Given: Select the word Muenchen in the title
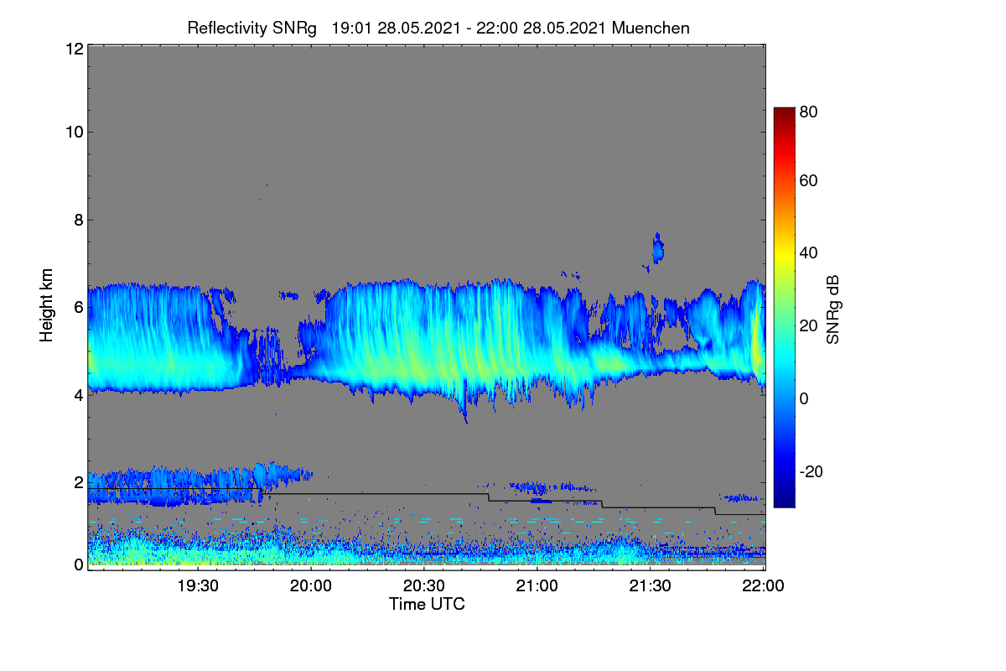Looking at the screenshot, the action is [651, 29].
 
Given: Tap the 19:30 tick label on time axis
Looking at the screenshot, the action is [198, 586].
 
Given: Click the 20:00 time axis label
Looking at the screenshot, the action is [311, 586].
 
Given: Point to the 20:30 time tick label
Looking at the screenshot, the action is [423, 586].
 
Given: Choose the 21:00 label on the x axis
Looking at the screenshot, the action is [537, 586].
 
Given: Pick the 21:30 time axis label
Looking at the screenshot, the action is [650, 586].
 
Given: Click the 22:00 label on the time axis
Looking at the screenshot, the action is [763, 586].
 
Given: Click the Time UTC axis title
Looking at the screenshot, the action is [427, 605].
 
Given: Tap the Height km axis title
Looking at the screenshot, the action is [46, 305].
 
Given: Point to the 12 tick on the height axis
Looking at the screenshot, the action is [75, 49].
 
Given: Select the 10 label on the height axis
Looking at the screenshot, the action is [75, 133].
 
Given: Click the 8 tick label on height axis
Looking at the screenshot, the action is [79, 221].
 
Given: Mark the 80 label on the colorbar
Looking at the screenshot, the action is [808, 112].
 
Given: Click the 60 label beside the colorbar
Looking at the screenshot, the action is [808, 180].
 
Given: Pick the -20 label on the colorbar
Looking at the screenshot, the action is [812, 472].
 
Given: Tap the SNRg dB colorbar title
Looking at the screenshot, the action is [832, 310].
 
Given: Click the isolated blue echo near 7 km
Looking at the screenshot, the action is [658, 248].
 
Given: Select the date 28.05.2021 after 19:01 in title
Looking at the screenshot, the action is [418, 29].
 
